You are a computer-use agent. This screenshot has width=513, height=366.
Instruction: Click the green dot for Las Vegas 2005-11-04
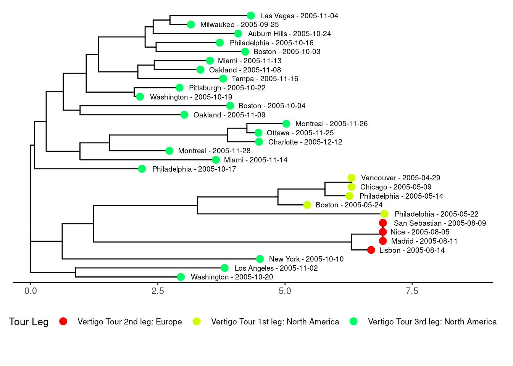(x=251, y=16)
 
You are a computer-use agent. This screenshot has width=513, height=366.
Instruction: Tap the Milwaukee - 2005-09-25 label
(x=239, y=25)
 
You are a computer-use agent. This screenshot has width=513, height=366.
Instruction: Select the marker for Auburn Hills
(x=238, y=34)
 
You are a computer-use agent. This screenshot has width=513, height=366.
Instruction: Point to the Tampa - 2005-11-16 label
(x=265, y=79)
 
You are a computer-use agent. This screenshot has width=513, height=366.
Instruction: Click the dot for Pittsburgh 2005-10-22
(x=179, y=88)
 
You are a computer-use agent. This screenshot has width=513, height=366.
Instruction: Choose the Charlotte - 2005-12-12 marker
(x=259, y=142)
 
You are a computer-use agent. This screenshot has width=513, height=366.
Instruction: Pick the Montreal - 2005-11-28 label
(x=214, y=151)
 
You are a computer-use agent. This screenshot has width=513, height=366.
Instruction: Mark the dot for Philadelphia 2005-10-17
(x=142, y=169)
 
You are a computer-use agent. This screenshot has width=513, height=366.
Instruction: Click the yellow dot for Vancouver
(x=352, y=178)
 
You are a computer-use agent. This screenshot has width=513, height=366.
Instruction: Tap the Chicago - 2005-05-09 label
(x=396, y=187)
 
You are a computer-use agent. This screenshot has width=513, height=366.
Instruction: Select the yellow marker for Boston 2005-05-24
(x=307, y=205)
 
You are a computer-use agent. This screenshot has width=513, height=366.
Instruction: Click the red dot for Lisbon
(x=371, y=250)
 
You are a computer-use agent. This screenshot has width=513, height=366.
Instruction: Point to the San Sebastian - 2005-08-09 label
(x=440, y=223)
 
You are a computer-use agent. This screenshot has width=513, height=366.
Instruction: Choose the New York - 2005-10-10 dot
(x=260, y=259)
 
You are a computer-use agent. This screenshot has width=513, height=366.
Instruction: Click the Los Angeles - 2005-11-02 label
(x=276, y=268)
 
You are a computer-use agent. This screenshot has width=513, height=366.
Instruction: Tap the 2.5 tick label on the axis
(x=158, y=291)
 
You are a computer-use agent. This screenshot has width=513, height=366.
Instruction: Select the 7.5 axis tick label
(x=412, y=291)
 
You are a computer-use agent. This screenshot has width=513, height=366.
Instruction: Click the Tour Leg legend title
(x=29, y=322)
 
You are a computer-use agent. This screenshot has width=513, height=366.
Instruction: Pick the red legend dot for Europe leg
(x=63, y=321)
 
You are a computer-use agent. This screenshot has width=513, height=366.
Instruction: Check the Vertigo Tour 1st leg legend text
(x=275, y=322)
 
